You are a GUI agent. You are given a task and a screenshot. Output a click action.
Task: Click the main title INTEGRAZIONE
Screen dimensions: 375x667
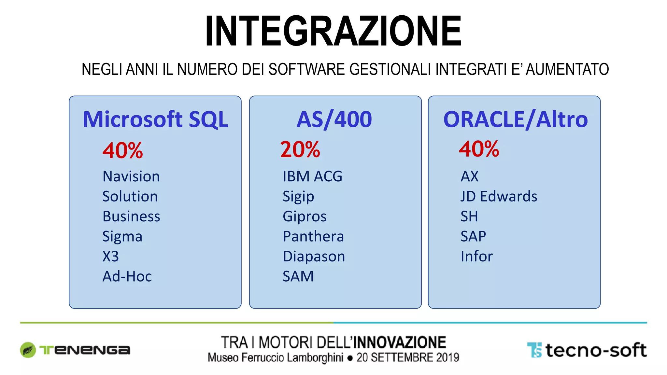[x=333, y=31]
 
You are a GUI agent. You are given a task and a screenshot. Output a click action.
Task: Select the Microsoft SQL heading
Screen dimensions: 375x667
[x=155, y=119]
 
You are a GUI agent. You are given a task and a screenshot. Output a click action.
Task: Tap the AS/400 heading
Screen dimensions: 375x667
[x=334, y=119]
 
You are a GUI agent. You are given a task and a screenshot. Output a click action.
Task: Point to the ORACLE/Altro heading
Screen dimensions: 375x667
[x=515, y=119]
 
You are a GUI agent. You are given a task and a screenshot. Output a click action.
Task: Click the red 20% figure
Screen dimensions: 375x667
[x=300, y=150]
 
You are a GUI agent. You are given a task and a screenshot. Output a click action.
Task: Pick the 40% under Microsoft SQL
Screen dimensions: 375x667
[x=122, y=151]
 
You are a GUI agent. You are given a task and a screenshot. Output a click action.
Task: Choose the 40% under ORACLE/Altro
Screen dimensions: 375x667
[x=479, y=149]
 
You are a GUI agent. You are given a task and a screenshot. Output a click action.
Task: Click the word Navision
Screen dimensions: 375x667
[x=131, y=176]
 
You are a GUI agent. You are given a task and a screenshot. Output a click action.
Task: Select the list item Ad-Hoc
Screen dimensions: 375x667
[x=127, y=276]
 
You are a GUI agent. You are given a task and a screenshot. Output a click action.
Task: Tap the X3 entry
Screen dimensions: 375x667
[x=110, y=257]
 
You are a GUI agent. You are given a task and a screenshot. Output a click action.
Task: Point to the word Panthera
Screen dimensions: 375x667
[x=313, y=236]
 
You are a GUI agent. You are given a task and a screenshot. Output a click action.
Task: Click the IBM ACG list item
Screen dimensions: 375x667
[x=312, y=176]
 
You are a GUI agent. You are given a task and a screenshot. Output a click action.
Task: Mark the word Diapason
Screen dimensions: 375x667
[x=314, y=257]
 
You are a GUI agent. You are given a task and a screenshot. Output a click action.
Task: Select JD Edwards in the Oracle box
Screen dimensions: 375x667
[x=499, y=197]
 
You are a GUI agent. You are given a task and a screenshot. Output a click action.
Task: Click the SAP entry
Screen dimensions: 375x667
[x=473, y=236]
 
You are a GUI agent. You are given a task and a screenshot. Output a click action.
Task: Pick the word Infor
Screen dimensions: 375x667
[x=476, y=257]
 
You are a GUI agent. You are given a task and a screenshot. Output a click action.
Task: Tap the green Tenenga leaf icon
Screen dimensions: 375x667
[x=28, y=350]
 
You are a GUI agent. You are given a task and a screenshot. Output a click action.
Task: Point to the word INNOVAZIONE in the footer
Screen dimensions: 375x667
[x=400, y=342]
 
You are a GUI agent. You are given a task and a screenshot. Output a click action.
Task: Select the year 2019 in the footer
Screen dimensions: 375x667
[x=448, y=357]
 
